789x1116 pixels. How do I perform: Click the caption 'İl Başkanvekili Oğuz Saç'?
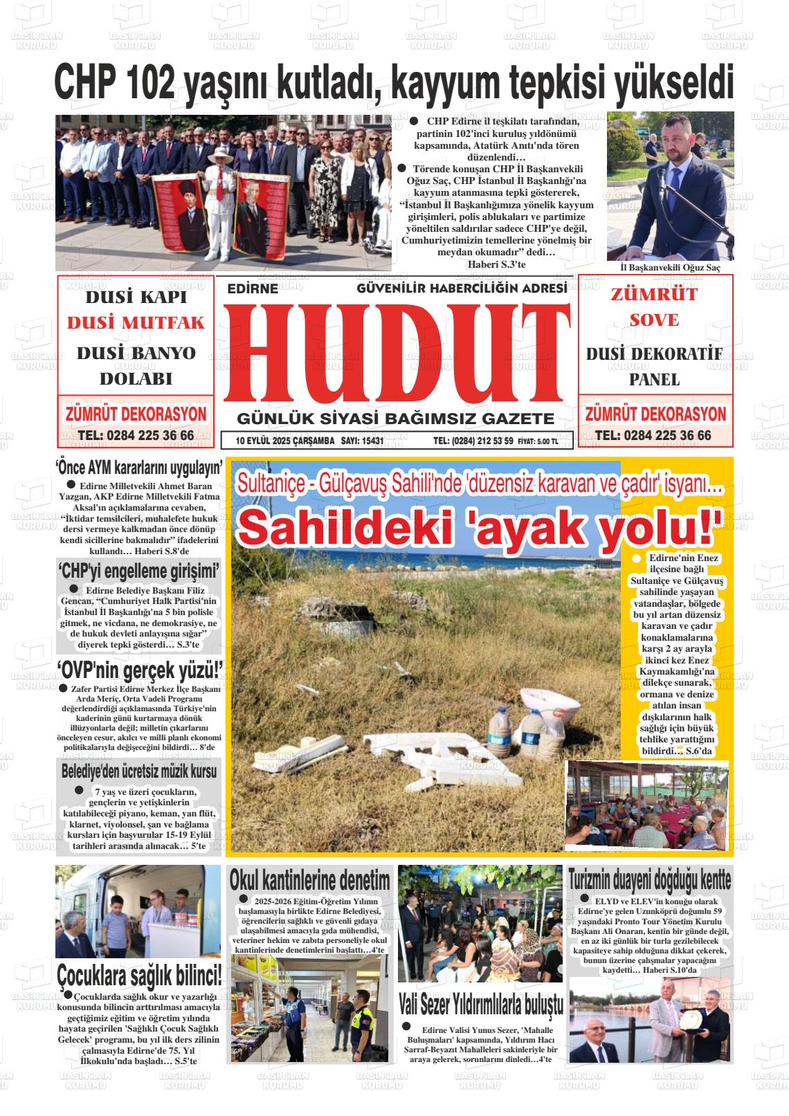pos(670,268)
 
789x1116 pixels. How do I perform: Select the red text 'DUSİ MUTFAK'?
pos(136,322)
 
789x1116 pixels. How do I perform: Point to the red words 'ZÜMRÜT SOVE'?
pos(654,307)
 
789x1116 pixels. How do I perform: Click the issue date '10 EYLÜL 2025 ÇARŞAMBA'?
pos(285,441)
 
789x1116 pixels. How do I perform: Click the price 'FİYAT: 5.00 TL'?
pos(538,441)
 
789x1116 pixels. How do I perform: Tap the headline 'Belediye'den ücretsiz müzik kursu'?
pos(138,770)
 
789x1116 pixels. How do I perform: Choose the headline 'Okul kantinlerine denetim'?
pos(309,881)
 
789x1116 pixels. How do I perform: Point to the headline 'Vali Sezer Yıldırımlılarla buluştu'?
pos(481,1002)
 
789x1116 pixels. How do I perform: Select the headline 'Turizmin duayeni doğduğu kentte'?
pos(650,880)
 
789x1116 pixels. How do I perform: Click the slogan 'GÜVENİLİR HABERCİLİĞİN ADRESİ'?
pos(462,288)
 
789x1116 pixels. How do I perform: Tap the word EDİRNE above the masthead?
pos(253,289)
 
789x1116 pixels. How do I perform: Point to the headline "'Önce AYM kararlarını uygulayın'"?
pos(138,467)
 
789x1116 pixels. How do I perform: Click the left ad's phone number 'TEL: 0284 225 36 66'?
pos(136,435)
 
